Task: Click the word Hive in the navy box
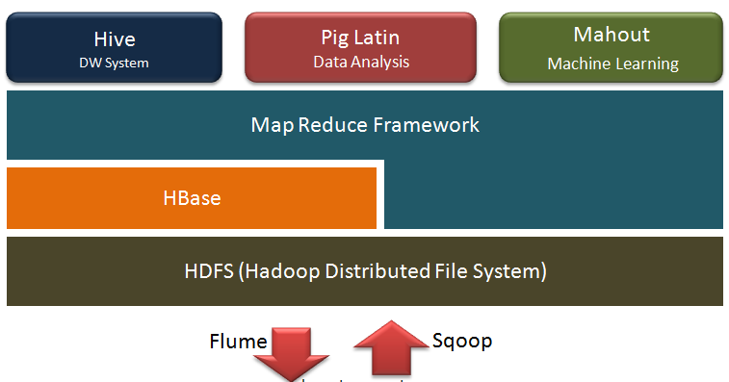click(x=115, y=39)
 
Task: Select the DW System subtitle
click(x=115, y=64)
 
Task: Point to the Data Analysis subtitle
click(x=361, y=63)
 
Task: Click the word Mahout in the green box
click(x=612, y=36)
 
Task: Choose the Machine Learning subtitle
click(x=612, y=64)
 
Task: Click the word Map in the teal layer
click(x=271, y=125)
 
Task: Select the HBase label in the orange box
click(x=192, y=199)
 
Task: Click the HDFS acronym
click(x=209, y=271)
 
